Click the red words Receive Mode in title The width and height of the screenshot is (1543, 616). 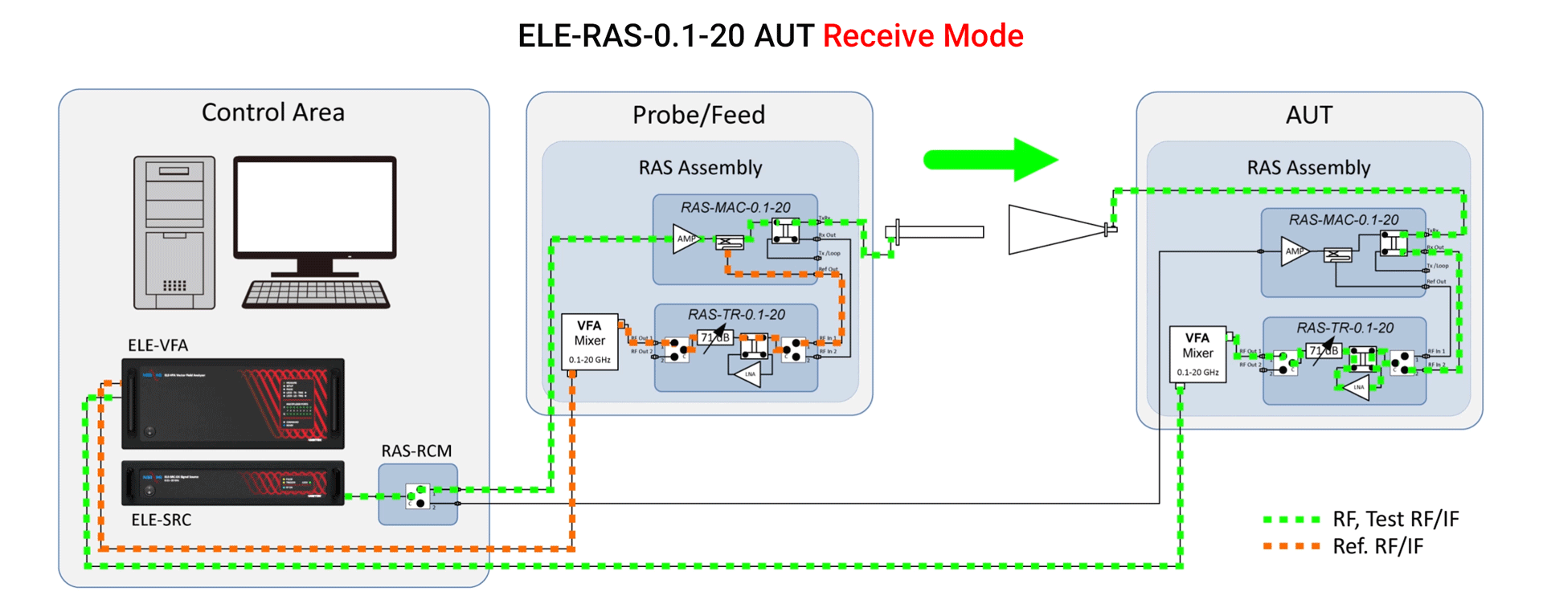(923, 36)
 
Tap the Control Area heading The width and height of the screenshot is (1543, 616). (272, 112)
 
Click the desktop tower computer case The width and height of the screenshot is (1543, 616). (174, 232)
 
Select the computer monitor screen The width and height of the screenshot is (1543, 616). (315, 207)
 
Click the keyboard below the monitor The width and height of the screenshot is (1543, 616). (316, 294)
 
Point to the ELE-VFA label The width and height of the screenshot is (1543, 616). (158, 345)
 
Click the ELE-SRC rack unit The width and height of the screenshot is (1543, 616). (232, 483)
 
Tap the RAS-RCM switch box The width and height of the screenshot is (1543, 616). (418, 495)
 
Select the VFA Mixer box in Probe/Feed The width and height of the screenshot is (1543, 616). (589, 341)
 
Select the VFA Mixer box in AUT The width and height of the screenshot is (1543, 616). (1197, 354)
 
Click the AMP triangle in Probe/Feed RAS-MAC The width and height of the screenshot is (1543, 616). (685, 239)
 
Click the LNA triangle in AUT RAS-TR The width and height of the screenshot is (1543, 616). (1357, 387)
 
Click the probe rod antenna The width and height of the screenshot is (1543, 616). (936, 232)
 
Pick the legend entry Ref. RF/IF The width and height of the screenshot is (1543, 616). (1377, 547)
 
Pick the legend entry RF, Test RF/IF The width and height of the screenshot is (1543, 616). (1395, 520)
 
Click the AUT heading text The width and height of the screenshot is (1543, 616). (1308, 115)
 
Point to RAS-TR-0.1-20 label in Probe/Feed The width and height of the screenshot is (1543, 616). (736, 315)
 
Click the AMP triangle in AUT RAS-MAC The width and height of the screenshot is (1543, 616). (1293, 251)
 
